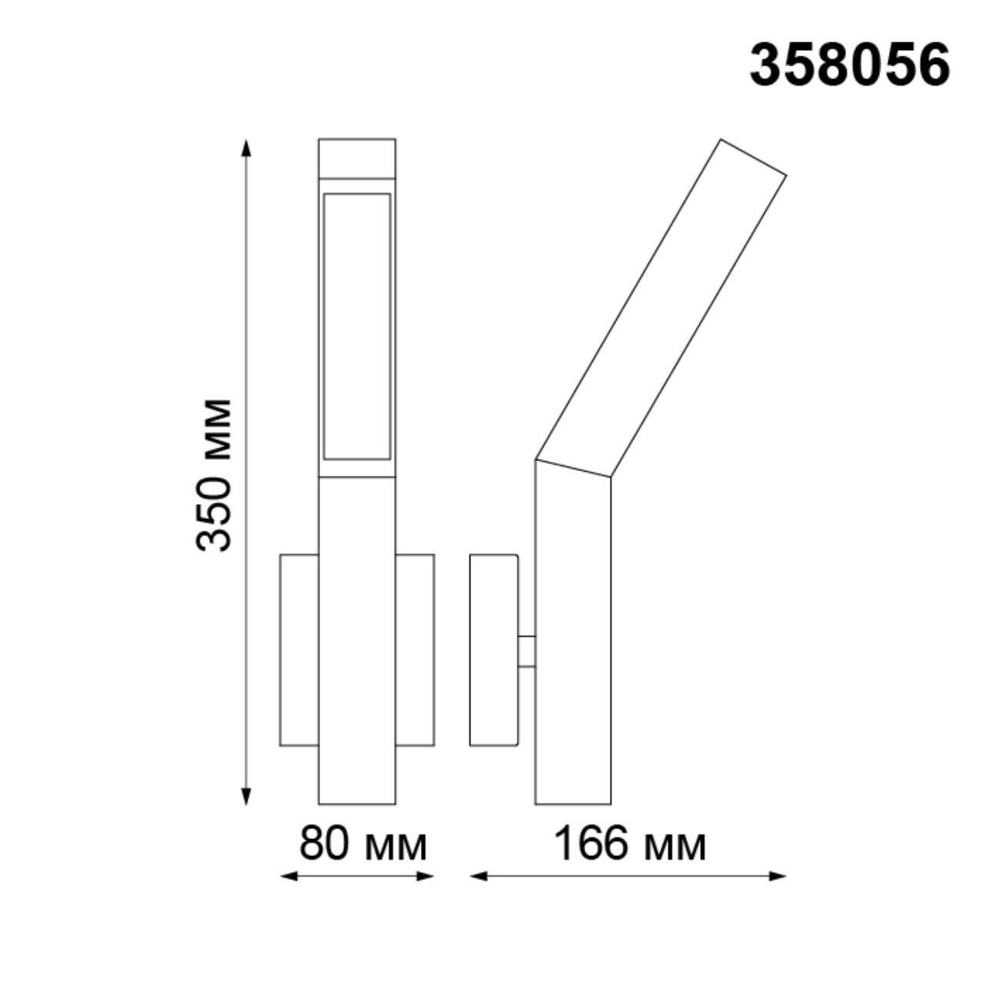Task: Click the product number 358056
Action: click(849, 65)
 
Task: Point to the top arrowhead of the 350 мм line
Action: click(246, 147)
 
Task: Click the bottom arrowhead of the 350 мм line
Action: click(246, 797)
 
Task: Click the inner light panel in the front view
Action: click(357, 326)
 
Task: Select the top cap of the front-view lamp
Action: click(357, 158)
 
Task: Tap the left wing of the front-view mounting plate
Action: click(299, 649)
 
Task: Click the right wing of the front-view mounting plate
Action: click(415, 649)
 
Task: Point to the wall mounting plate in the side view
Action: click(493, 649)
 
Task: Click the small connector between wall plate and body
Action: click(527, 651)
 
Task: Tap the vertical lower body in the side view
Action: click(573, 640)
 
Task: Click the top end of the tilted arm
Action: click(753, 158)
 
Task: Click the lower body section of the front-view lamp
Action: click(357, 640)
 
